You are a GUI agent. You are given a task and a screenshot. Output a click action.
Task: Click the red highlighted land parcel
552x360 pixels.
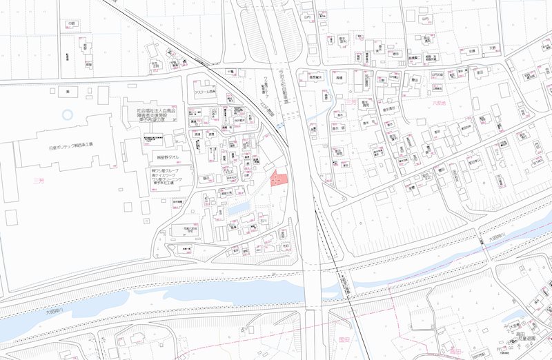tap(278, 179)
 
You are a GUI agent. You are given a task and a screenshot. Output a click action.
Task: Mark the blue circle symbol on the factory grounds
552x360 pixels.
tap(66, 115)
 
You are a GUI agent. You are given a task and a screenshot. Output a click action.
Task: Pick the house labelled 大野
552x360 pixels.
tap(492, 49)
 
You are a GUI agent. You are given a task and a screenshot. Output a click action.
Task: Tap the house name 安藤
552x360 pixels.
tap(472, 51)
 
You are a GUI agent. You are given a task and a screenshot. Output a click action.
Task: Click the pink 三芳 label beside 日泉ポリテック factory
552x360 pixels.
tap(39, 181)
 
